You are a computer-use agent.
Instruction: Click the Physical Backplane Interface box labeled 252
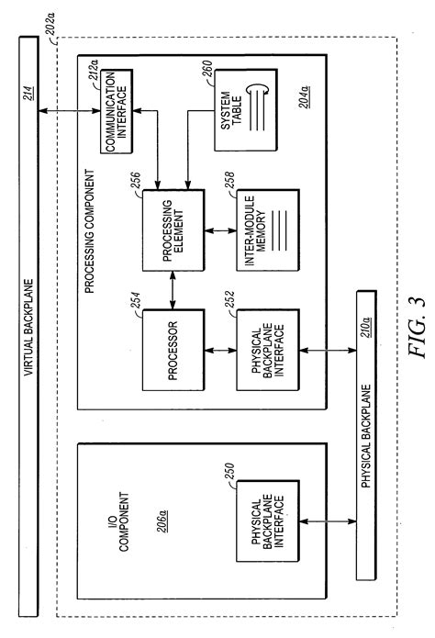click(x=263, y=350)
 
